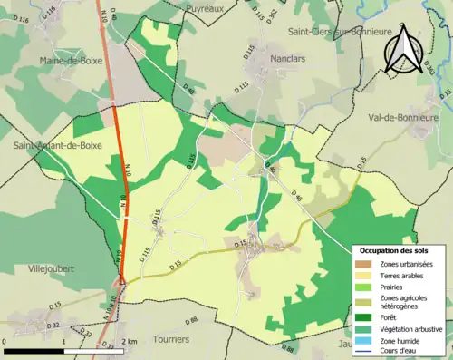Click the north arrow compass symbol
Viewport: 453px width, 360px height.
click(404, 49)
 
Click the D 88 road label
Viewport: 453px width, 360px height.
click(190, 321)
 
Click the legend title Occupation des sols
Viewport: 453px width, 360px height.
click(395, 250)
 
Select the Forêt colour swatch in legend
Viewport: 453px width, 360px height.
click(363, 317)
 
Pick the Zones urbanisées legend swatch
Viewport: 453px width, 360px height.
click(363, 264)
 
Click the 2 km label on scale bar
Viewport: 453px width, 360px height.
click(131, 341)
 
